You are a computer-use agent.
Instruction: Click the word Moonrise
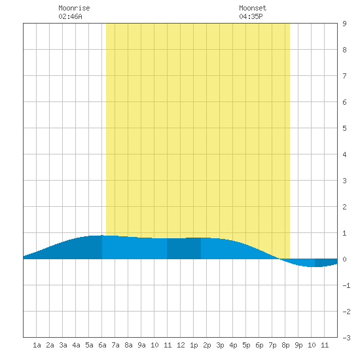pyautogui.click(x=74, y=8)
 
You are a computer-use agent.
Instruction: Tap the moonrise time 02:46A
pyautogui.click(x=70, y=16)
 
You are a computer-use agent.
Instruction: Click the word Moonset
pyautogui.click(x=253, y=8)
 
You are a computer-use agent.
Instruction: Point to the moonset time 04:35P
pyautogui.click(x=251, y=16)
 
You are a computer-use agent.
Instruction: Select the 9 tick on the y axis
pyautogui.click(x=344, y=24)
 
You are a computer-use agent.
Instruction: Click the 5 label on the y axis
pyautogui.click(x=344, y=128)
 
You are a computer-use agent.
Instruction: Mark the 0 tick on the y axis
pyautogui.click(x=344, y=259)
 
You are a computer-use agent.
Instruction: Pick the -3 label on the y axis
pyautogui.click(x=346, y=338)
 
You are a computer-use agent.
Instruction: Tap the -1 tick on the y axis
pyautogui.click(x=346, y=285)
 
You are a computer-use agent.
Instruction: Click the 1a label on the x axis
pyautogui.click(x=37, y=345)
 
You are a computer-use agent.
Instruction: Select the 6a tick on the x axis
pyautogui.click(x=102, y=345)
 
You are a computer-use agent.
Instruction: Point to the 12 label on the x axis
pyautogui.click(x=181, y=345)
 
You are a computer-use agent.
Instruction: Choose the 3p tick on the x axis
pyautogui.click(x=220, y=345)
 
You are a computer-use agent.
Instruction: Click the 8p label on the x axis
pyautogui.click(x=285, y=345)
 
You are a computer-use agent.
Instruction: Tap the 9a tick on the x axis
pyautogui.click(x=141, y=345)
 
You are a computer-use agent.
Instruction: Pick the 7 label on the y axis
pyautogui.click(x=344, y=76)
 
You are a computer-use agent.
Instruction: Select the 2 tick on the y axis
pyautogui.click(x=344, y=207)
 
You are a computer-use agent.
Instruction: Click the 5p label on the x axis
pyautogui.click(x=246, y=345)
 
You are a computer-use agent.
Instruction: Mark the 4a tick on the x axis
pyautogui.click(x=76, y=345)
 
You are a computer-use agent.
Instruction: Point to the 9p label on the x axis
pyautogui.click(x=298, y=345)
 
